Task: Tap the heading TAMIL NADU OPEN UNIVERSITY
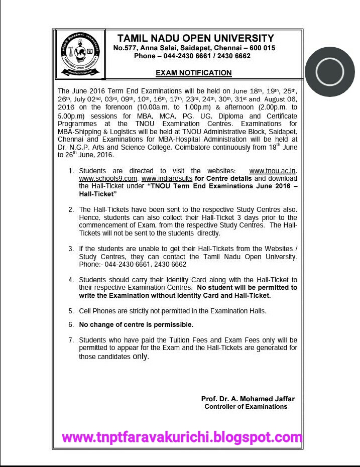195,39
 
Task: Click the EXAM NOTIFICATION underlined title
193,73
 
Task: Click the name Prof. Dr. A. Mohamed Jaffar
248,399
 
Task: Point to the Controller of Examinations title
246,406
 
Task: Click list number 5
71,311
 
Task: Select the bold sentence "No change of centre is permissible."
136,325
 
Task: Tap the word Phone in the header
145,56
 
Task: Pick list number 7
71,340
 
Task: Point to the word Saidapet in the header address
190,48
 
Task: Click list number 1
71,172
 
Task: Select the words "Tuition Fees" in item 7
188,340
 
